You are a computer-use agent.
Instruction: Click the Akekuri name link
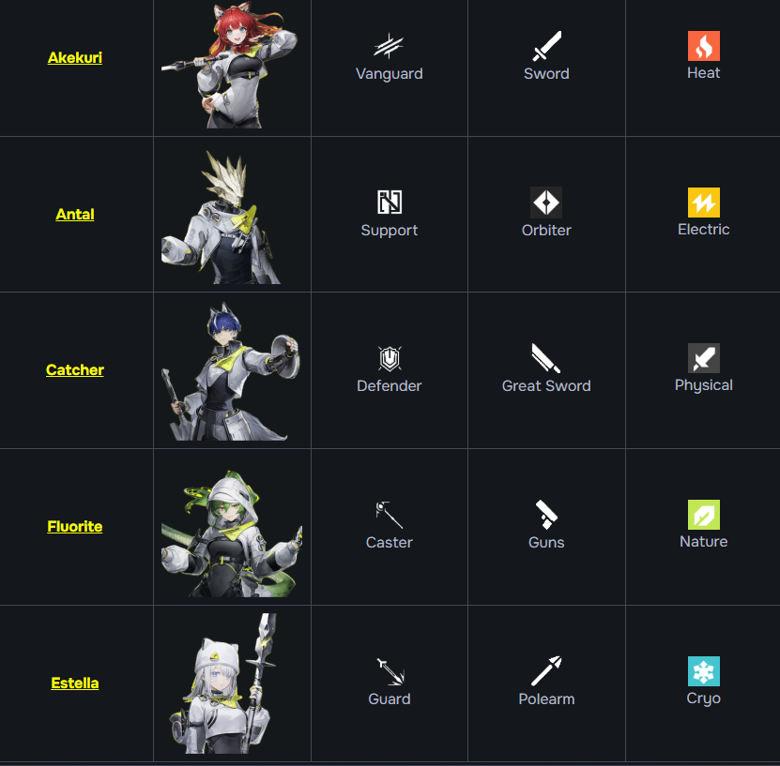[75, 58]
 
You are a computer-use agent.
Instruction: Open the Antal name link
[75, 215]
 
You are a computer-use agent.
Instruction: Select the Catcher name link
[75, 370]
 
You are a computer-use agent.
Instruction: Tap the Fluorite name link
[75, 527]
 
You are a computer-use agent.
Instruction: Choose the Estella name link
[75, 683]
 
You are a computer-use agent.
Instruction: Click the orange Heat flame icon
[703, 46]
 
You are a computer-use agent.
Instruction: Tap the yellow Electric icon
[703, 203]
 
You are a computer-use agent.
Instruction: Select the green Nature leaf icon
[703, 515]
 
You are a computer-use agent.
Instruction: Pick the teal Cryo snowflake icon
[703, 671]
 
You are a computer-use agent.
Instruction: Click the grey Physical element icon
[703, 358]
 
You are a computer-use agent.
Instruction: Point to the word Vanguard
[390, 74]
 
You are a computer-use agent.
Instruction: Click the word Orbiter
[546, 231]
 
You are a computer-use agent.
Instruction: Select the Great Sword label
[546, 386]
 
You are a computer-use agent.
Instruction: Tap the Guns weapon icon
[546, 514]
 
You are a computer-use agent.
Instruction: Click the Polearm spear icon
[546, 670]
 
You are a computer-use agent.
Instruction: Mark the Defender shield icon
[390, 358]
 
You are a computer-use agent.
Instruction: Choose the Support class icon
[390, 202]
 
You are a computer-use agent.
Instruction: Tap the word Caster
[390, 543]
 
